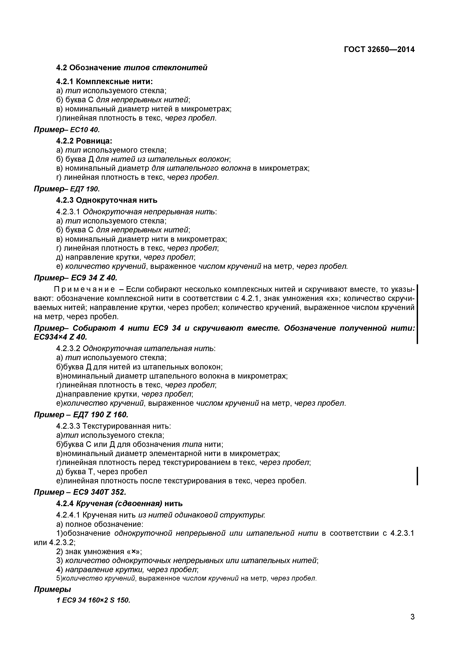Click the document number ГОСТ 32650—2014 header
click(x=379, y=50)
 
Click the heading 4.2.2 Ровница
click(x=84, y=141)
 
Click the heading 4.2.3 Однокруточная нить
click(x=107, y=200)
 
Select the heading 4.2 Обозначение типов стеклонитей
click(x=132, y=68)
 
